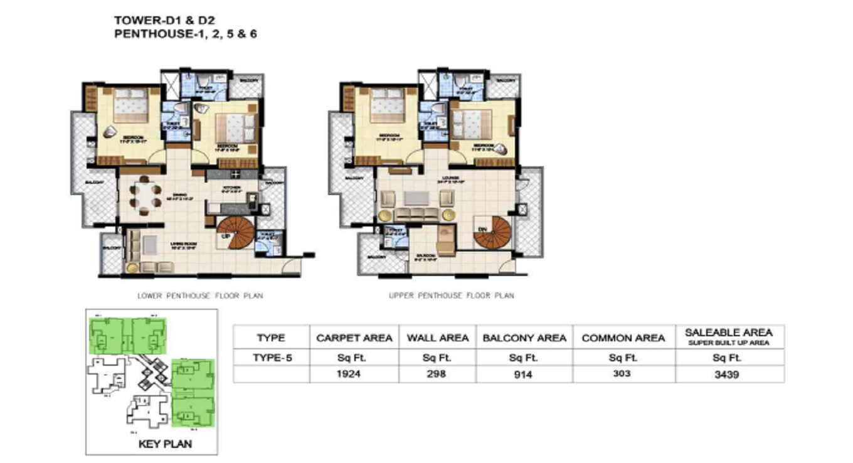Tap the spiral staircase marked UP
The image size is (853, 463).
point(235,231)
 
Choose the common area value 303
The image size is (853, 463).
point(623,374)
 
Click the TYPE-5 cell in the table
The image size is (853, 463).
point(271,358)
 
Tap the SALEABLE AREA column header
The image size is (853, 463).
point(729,333)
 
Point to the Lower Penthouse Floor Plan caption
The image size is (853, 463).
point(200,295)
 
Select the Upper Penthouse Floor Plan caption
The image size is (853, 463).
point(451,295)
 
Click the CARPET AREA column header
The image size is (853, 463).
point(354,338)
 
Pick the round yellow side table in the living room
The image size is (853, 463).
point(132,268)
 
